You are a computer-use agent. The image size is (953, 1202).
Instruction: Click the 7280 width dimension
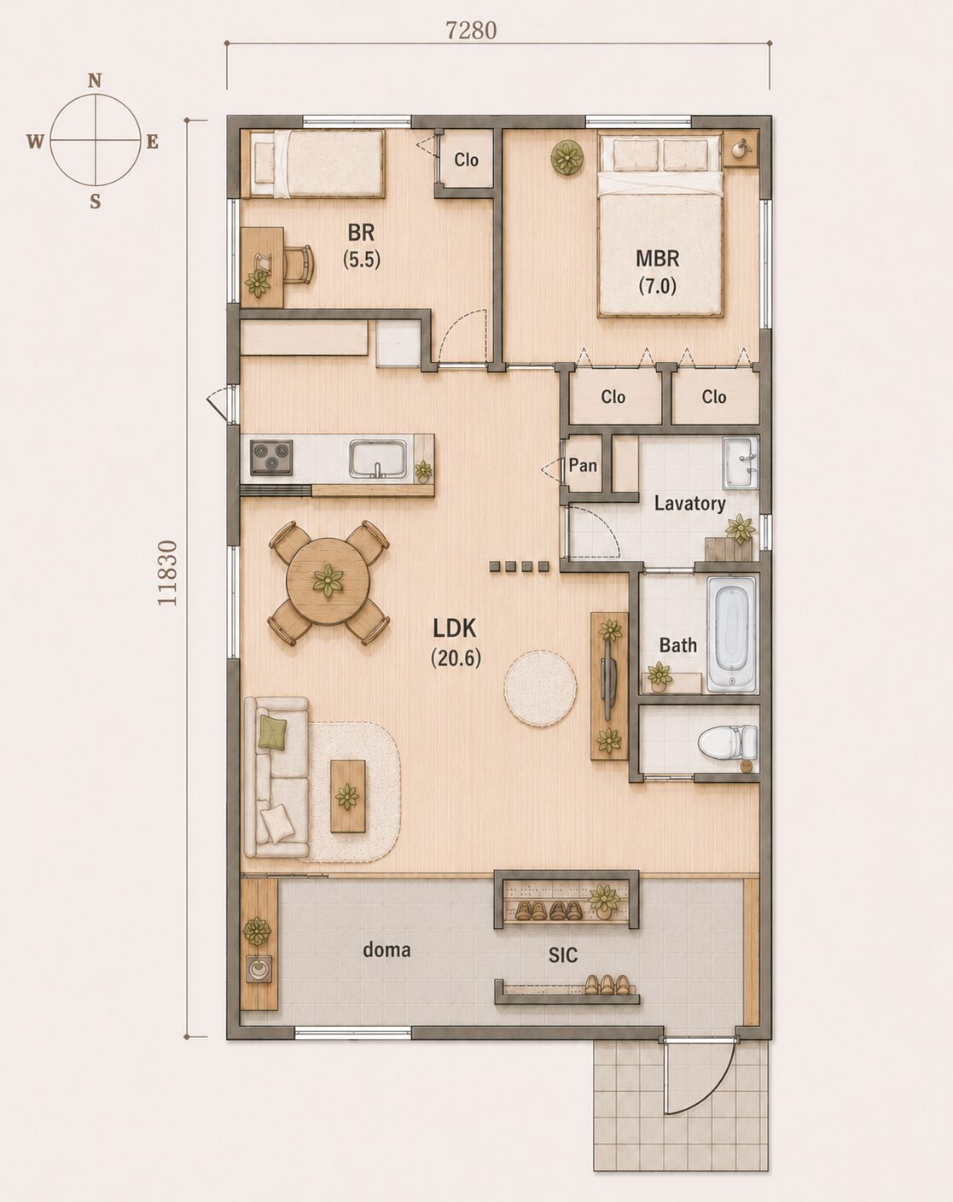(x=471, y=30)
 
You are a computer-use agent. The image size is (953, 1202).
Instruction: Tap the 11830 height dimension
(x=167, y=573)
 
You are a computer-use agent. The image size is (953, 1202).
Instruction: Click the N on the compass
(x=95, y=81)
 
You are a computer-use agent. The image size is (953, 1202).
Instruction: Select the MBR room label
(x=658, y=259)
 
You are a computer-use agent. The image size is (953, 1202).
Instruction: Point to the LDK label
(x=455, y=629)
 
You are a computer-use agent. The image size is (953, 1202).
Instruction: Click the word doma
(x=386, y=949)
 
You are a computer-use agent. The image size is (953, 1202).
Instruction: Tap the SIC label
(x=562, y=955)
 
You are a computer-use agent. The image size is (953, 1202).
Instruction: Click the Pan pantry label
(x=583, y=465)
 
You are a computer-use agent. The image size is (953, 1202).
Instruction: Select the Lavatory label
(x=690, y=504)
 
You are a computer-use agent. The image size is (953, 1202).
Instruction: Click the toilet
(x=728, y=743)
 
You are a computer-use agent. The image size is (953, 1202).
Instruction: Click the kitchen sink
(x=378, y=458)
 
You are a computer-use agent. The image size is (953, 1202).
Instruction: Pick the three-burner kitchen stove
(x=271, y=458)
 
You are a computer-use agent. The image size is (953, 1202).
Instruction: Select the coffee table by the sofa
(x=348, y=796)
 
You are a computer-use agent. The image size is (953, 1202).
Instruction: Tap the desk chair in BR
(x=299, y=264)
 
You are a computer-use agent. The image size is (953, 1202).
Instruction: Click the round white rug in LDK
(x=540, y=688)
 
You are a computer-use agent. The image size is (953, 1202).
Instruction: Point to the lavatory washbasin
(x=741, y=463)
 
